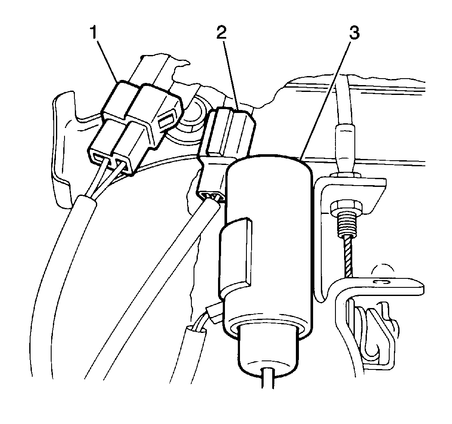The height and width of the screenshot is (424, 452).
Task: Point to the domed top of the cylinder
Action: (x=270, y=164)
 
